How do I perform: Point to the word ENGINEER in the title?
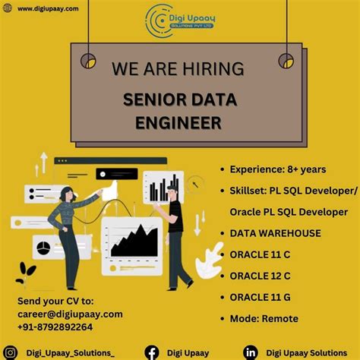179,122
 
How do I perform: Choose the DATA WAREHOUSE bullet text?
275,233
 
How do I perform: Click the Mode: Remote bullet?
264,318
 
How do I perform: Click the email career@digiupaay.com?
70,314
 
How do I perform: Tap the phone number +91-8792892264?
56,327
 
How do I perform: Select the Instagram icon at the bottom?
11,352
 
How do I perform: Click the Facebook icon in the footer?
152,352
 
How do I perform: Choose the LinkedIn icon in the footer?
250,352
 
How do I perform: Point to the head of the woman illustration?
65,192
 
